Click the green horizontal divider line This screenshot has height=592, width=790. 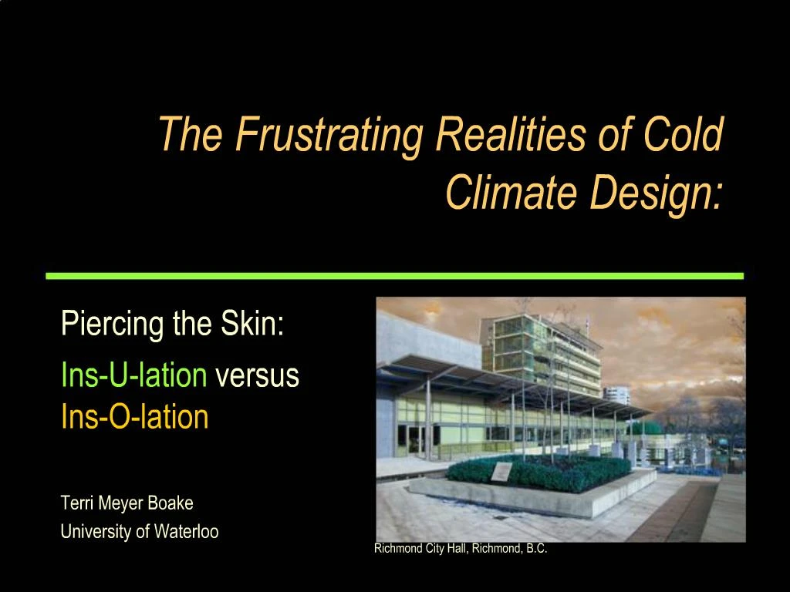394,275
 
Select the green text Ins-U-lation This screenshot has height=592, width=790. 133,376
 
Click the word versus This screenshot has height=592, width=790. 257,376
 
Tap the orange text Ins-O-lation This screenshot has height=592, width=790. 134,417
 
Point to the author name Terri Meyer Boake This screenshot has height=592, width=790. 127,503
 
